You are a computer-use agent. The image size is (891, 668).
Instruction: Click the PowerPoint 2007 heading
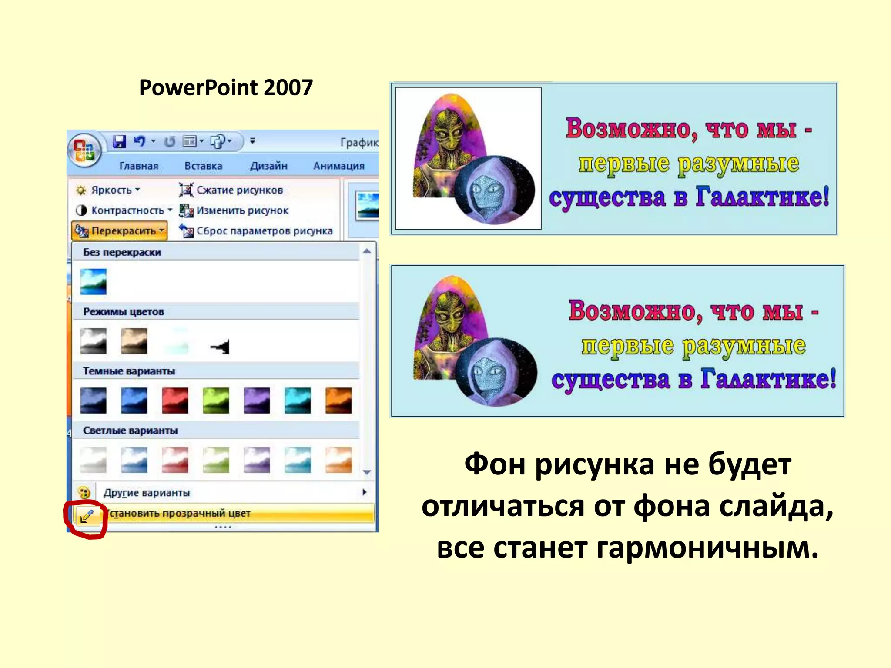tap(226, 87)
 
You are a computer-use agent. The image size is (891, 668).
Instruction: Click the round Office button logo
tap(84, 150)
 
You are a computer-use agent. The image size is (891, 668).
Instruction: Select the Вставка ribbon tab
tap(203, 166)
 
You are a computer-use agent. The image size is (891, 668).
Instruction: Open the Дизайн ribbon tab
tap(268, 166)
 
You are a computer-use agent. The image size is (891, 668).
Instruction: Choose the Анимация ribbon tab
tap(338, 166)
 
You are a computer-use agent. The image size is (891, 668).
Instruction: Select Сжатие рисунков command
tap(239, 190)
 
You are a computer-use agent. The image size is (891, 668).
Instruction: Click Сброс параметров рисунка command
tap(264, 231)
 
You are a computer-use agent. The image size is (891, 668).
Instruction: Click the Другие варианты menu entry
tap(147, 493)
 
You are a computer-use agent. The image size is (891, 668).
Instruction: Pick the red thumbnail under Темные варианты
tap(175, 400)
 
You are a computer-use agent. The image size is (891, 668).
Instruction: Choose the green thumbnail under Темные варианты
tap(216, 400)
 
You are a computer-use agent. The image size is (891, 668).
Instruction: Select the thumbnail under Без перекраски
tap(93, 281)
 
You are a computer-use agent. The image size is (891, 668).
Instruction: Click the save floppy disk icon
tap(119, 141)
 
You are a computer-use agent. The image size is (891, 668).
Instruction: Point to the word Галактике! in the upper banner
tap(762, 197)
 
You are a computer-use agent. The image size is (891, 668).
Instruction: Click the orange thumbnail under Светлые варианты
tap(338, 460)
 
